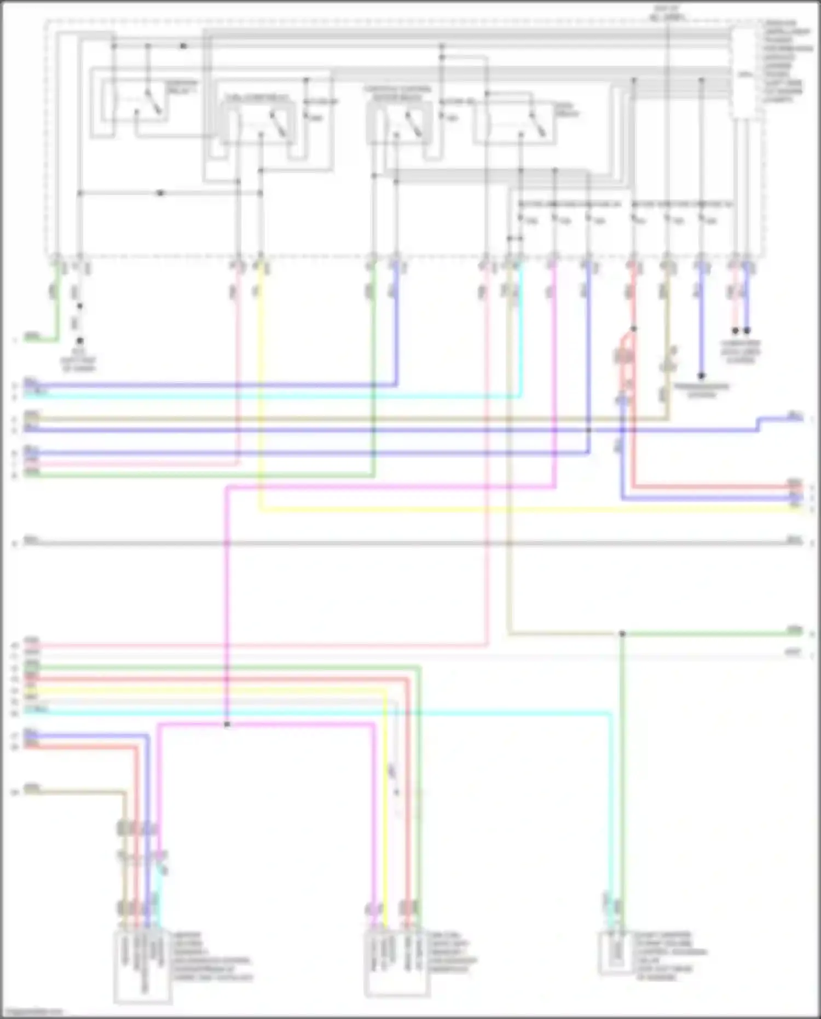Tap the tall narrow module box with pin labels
(x=745, y=74)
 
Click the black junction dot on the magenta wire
(x=227, y=724)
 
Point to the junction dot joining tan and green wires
(x=622, y=634)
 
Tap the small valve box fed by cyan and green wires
(x=616, y=953)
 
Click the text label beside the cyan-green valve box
(x=671, y=955)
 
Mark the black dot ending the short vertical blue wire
(x=701, y=376)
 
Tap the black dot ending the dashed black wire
(x=80, y=341)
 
